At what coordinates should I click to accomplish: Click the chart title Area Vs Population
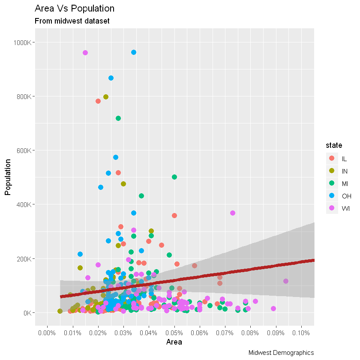coord(74,9)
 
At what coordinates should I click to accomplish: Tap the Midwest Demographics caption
coord(281,352)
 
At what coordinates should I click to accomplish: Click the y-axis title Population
coord(8,177)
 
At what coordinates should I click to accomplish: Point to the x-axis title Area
coord(174,342)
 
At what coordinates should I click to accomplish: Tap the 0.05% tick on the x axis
coord(174,333)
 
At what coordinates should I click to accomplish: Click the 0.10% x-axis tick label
coord(301,333)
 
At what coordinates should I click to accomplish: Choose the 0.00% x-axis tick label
coord(47,333)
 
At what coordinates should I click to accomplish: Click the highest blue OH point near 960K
coord(134,52)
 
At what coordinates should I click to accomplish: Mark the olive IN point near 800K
coord(106,97)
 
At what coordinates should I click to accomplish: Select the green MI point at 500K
coord(174,177)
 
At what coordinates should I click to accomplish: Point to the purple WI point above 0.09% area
coord(286,281)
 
